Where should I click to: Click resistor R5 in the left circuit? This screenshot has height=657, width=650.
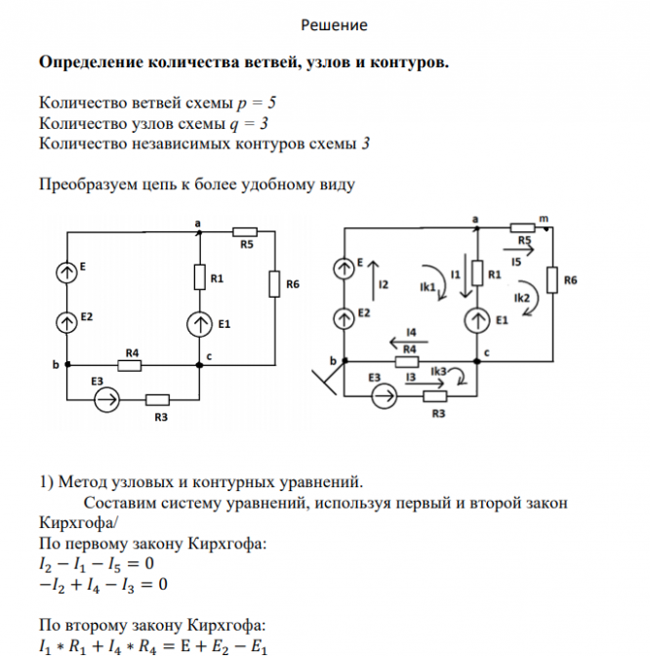(244, 232)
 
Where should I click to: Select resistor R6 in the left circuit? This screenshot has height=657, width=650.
(276, 285)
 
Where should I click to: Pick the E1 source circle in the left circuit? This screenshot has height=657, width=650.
(200, 323)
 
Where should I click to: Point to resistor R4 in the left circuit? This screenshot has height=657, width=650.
(129, 365)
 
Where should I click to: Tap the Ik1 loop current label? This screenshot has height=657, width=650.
(427, 288)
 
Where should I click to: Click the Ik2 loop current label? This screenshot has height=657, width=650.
(522, 297)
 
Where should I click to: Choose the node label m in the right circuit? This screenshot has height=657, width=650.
(544, 220)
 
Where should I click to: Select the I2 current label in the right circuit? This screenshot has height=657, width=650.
(384, 285)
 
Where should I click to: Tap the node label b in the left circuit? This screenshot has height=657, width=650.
(56, 364)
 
